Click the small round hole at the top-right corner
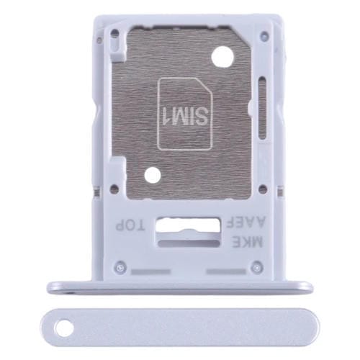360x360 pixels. (266, 34)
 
